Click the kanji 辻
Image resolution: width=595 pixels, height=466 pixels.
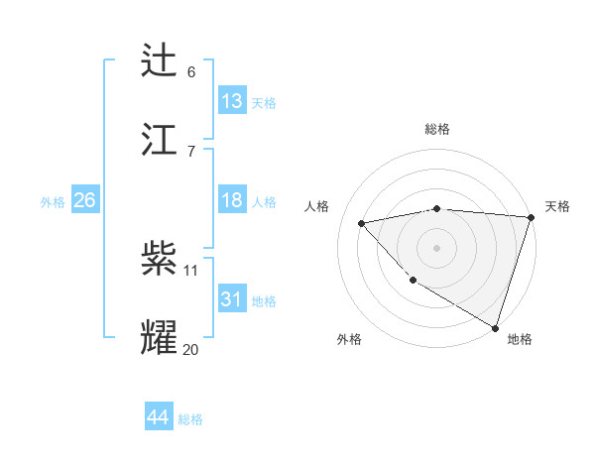(x=160, y=61)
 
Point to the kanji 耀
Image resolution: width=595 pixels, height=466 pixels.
(x=160, y=336)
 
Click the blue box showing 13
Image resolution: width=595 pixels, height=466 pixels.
(x=232, y=100)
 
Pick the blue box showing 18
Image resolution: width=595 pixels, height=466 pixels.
(x=232, y=200)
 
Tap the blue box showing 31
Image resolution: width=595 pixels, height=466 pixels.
(x=232, y=299)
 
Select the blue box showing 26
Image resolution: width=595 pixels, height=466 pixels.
(x=84, y=200)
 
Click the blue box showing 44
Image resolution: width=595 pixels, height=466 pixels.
(x=158, y=417)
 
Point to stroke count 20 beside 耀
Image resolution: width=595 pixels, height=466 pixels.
(x=191, y=349)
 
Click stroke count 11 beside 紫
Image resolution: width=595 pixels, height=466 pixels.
(x=191, y=271)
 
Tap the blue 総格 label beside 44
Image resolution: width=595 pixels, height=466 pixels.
(x=190, y=419)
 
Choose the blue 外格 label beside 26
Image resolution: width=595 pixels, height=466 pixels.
(x=53, y=202)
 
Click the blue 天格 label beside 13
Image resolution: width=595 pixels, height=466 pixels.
(x=264, y=103)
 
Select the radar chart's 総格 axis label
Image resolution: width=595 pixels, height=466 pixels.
(x=437, y=129)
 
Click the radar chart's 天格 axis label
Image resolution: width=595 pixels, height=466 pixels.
(x=557, y=206)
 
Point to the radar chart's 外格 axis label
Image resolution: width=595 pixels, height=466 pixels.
(x=349, y=339)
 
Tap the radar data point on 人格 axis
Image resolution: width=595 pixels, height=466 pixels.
(x=362, y=223)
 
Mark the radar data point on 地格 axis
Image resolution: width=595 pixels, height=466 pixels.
(x=496, y=327)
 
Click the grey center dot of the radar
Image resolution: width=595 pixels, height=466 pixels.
(x=436, y=247)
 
